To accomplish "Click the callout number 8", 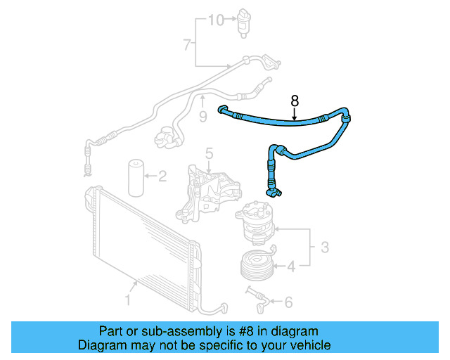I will [295, 101].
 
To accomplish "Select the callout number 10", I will [214, 20].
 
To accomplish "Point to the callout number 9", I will [202, 117].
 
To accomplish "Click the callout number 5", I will [209, 153].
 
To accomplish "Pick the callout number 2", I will [162, 176].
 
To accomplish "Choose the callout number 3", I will [324, 247].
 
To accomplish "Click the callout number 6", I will [288, 302].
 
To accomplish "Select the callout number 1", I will [127, 302].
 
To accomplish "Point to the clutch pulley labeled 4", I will [256, 264].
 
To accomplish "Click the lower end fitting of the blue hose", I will [272, 188].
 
